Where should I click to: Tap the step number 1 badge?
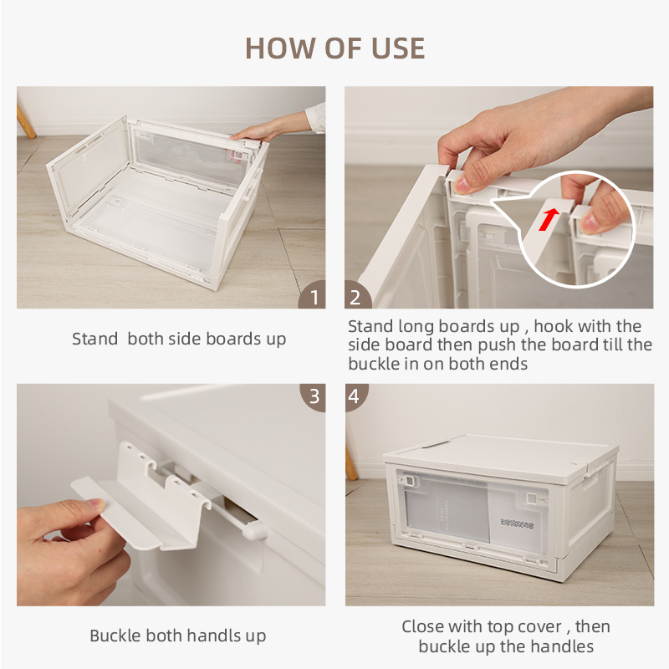pos(313,295)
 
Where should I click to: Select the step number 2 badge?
pos(357,295)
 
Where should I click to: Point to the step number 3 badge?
pos(314,396)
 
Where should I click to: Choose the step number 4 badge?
pos(356,396)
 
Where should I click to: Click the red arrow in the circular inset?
pos(549,219)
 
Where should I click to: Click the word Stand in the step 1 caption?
pos(94,339)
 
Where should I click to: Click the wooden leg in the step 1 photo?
pos(26,121)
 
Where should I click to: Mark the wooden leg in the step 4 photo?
pos(351,463)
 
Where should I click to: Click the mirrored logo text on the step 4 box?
pos(517,523)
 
